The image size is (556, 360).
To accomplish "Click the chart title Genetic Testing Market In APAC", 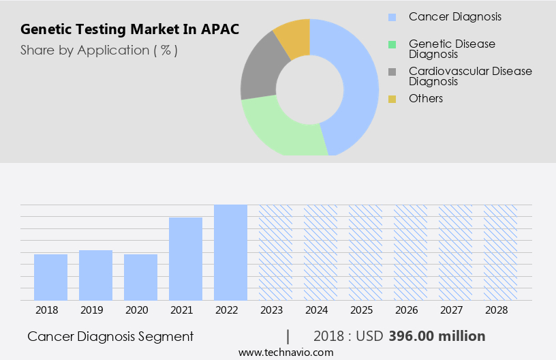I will coord(129,30).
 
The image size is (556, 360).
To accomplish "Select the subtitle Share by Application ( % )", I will coord(99,50).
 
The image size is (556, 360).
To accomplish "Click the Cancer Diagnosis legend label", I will coord(454,16).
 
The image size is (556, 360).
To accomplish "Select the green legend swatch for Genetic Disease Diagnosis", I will coord(392,44).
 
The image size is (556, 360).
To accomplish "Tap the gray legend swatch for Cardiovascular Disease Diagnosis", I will coord(392,72).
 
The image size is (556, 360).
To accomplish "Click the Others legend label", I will coord(426,99).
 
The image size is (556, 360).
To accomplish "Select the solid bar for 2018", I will coord(50,277).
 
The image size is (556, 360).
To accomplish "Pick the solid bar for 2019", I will coord(95,275).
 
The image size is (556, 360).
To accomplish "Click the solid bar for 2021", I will coord(185,258).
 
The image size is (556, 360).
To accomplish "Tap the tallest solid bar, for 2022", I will coord(230,252).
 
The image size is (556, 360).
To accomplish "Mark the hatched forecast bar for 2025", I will coord(365,252).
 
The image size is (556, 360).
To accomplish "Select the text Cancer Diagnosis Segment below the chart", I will coord(110,336).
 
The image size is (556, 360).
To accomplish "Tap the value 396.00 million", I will coord(437,336).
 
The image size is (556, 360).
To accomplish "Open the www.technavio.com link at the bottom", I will coord(286,352).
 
